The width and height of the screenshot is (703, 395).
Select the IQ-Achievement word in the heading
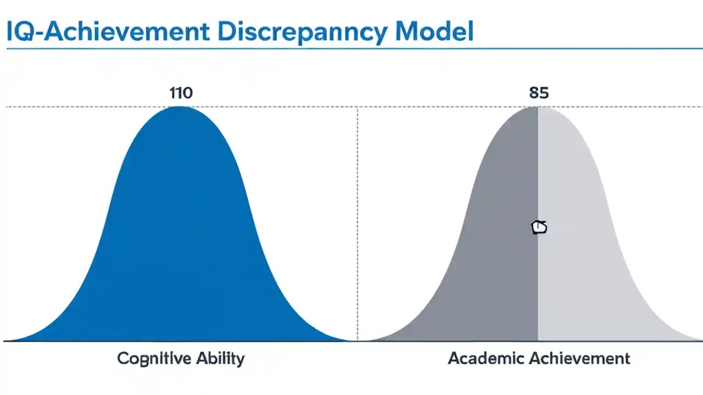click(x=108, y=32)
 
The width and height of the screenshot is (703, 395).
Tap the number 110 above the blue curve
click(x=181, y=93)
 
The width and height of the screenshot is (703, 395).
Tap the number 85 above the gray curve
click(x=539, y=93)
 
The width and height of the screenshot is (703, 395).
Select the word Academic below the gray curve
click(x=487, y=359)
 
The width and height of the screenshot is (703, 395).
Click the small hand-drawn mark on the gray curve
click(x=539, y=227)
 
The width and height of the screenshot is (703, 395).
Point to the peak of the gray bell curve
click(x=537, y=108)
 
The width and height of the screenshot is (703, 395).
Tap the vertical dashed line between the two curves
click(x=358, y=219)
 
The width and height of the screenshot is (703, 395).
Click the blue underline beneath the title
click(x=351, y=49)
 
